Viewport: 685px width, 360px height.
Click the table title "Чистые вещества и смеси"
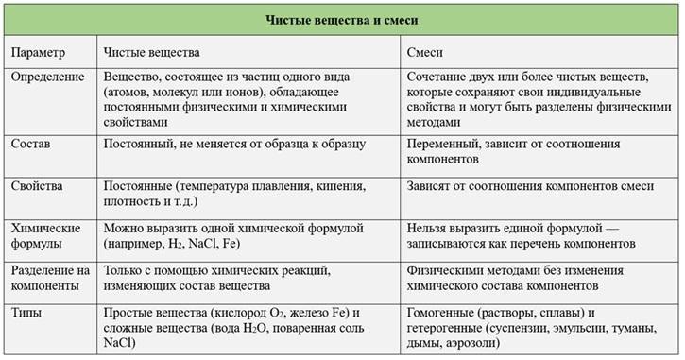(x=342, y=18)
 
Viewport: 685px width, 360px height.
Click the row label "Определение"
(x=48, y=77)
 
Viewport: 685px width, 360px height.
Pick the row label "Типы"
(x=27, y=312)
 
